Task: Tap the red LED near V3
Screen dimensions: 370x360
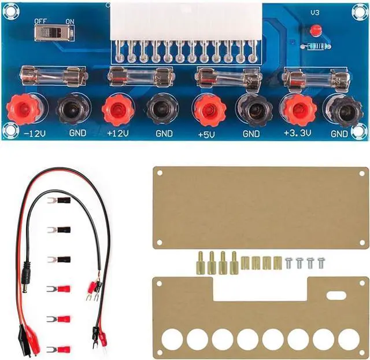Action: point(315,30)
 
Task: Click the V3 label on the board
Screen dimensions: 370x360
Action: point(315,12)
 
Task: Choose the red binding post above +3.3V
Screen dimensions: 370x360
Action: point(296,108)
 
